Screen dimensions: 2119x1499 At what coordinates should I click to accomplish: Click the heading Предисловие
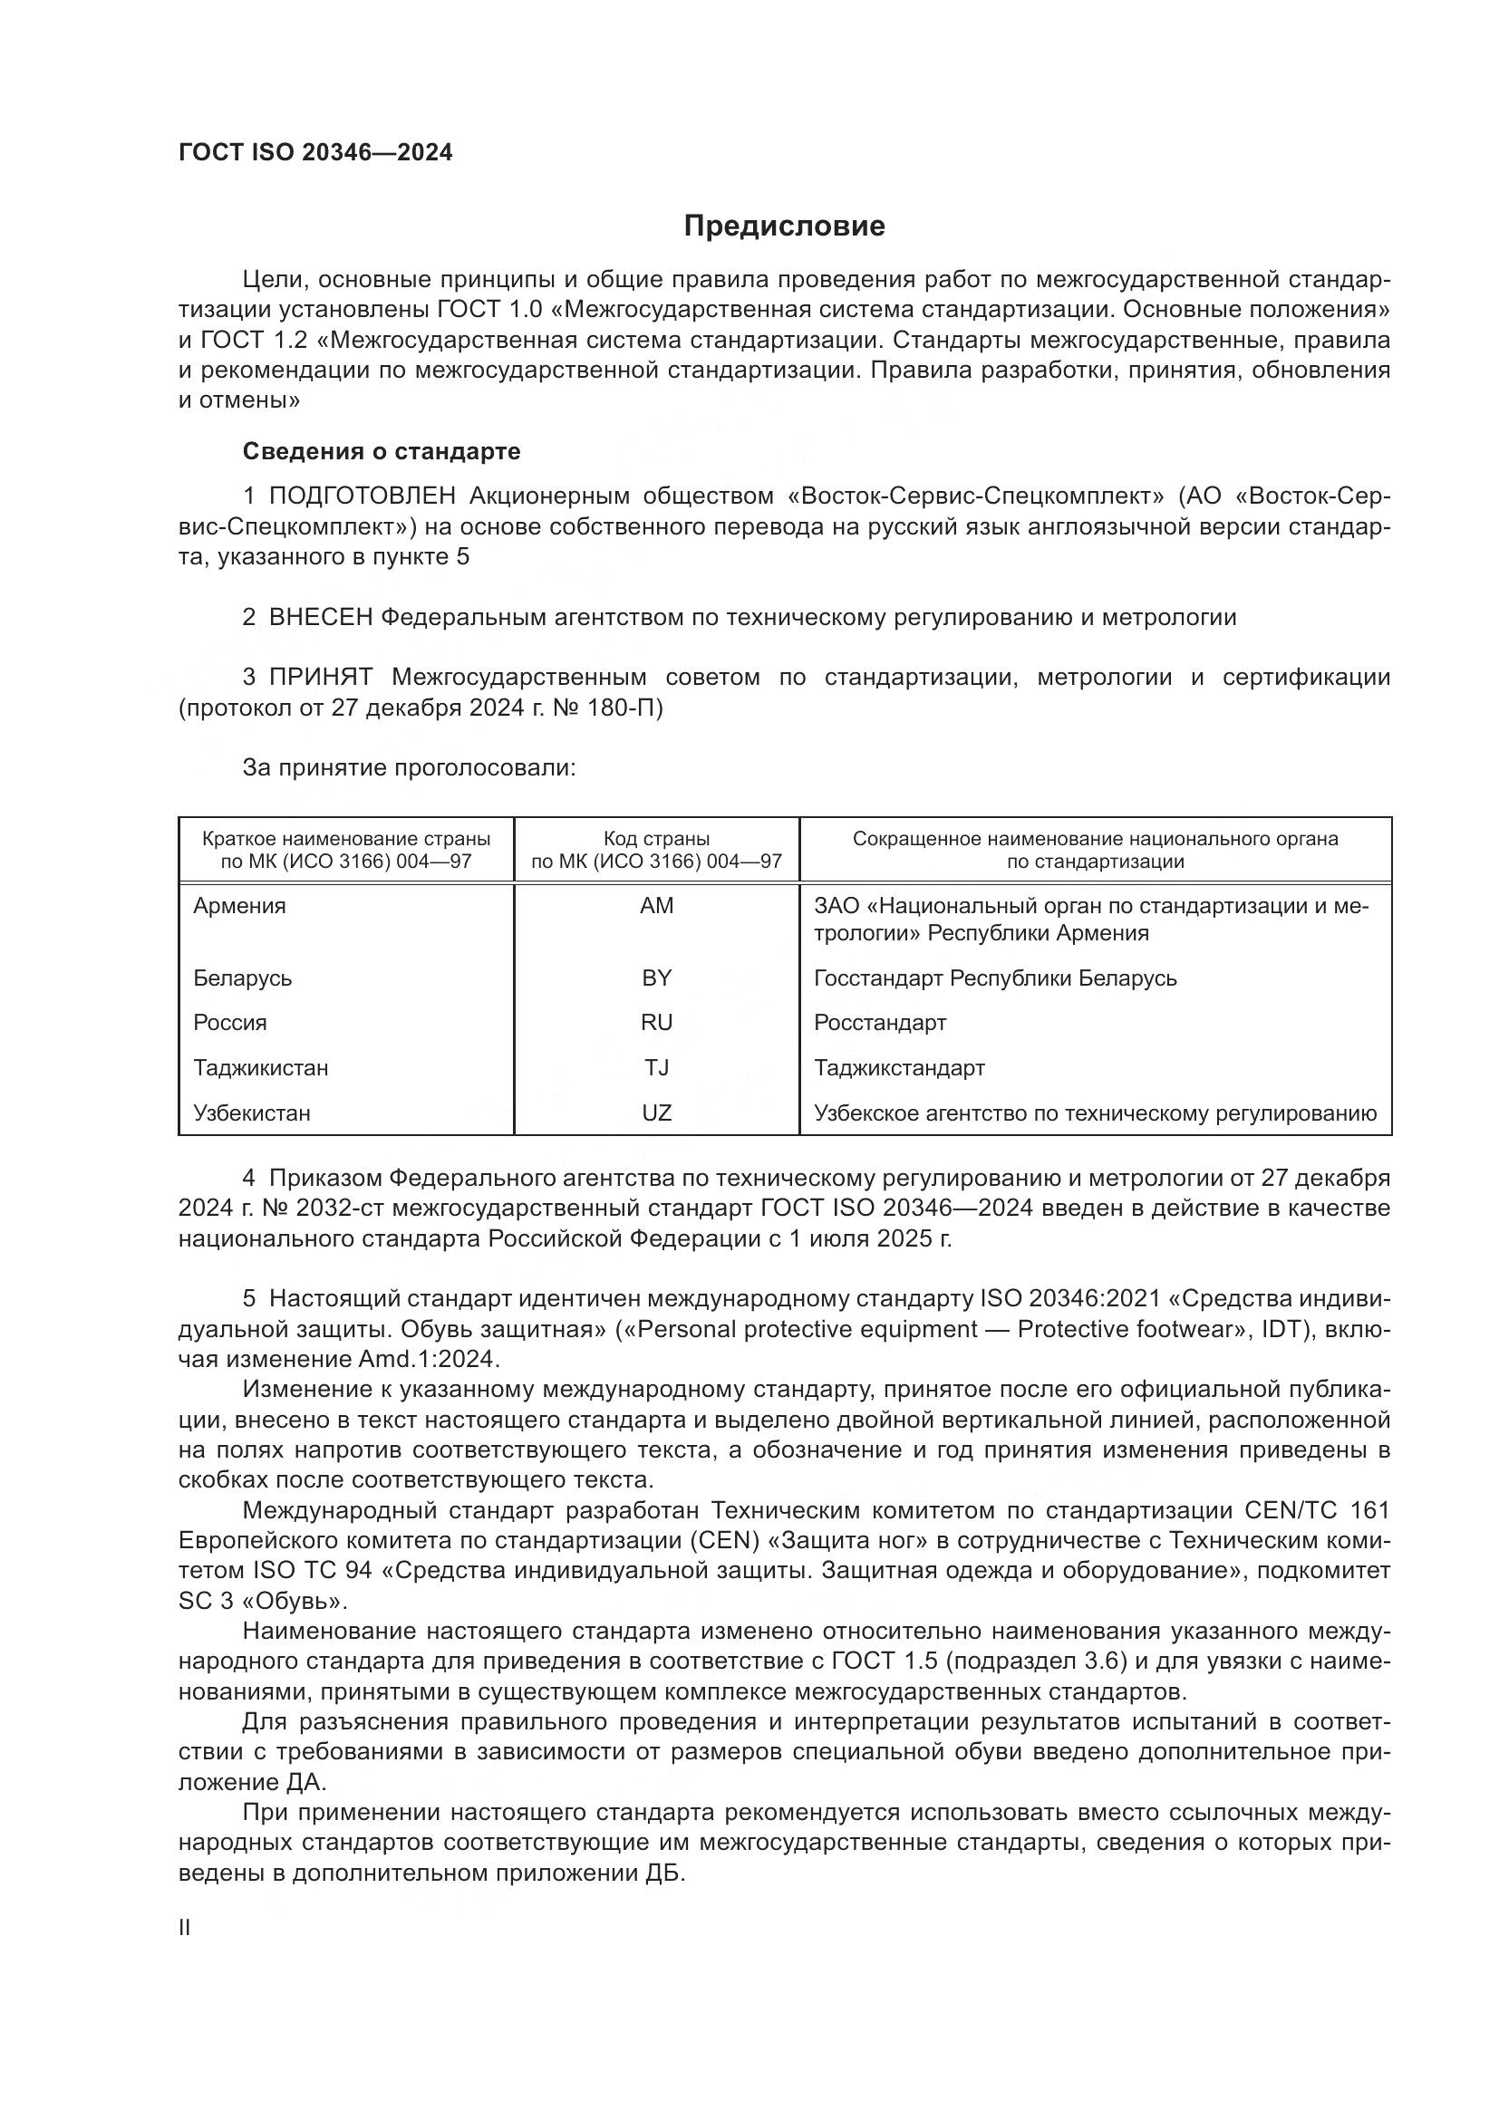[x=784, y=226]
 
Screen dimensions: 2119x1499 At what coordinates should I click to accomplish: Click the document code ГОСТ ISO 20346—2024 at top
[x=315, y=153]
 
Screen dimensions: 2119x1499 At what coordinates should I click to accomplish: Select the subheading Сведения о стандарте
[x=382, y=451]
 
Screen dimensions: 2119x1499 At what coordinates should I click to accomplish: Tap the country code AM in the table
[x=656, y=905]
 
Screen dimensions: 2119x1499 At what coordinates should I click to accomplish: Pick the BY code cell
[x=656, y=978]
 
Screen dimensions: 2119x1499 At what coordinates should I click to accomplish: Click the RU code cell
[x=656, y=1023]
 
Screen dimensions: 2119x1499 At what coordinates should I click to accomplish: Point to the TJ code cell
[x=656, y=1068]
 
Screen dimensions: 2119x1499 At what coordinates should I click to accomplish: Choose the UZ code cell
[x=656, y=1113]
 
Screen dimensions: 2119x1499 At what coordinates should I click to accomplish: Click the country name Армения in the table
[x=239, y=905]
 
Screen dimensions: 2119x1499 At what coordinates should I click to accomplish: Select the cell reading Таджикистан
[x=260, y=1068]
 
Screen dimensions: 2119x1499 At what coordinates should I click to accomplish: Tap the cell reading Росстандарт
[x=880, y=1023]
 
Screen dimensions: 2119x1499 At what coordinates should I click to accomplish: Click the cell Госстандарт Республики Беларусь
[x=995, y=978]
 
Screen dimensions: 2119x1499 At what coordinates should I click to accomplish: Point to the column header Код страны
[x=656, y=839]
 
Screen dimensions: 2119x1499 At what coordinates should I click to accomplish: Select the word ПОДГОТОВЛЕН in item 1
[x=362, y=496]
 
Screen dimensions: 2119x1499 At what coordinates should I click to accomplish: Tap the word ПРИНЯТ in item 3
[x=320, y=678]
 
